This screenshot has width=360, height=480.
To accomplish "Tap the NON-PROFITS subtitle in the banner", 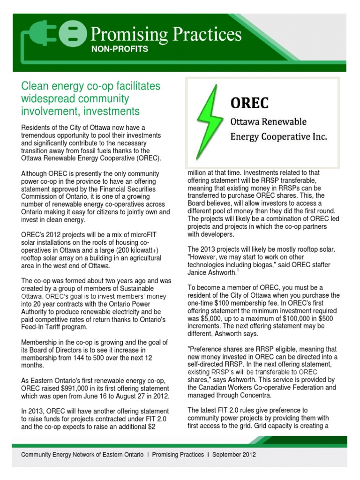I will (x=119, y=49).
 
